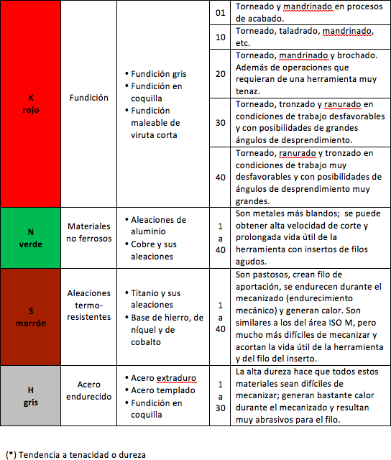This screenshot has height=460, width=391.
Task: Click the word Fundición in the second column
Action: (x=89, y=98)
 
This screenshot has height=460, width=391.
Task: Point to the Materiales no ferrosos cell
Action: (x=89, y=231)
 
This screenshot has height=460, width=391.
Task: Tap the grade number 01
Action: (x=221, y=13)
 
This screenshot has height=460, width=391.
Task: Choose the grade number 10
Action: (x=221, y=37)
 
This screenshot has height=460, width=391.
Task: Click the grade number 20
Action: (x=221, y=73)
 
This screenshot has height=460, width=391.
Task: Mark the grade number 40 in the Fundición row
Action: (x=221, y=177)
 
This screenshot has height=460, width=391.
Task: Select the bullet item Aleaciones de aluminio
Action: (x=159, y=225)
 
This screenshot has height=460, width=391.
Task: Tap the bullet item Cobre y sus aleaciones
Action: (x=159, y=249)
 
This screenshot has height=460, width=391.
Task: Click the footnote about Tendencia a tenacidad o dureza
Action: (x=75, y=454)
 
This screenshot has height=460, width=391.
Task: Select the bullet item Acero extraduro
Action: (x=165, y=378)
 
